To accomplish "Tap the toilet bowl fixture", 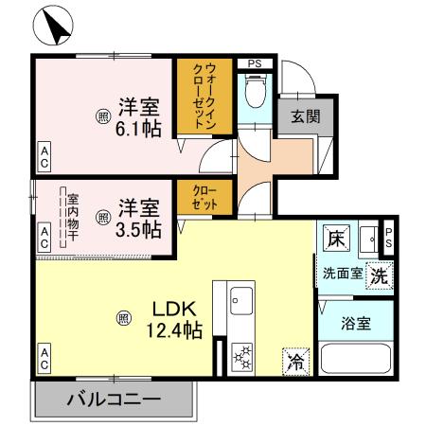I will tap(254, 92).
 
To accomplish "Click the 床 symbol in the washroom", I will tap(335, 239).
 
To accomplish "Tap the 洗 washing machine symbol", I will tap(379, 277).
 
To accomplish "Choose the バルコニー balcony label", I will tap(113, 399).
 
